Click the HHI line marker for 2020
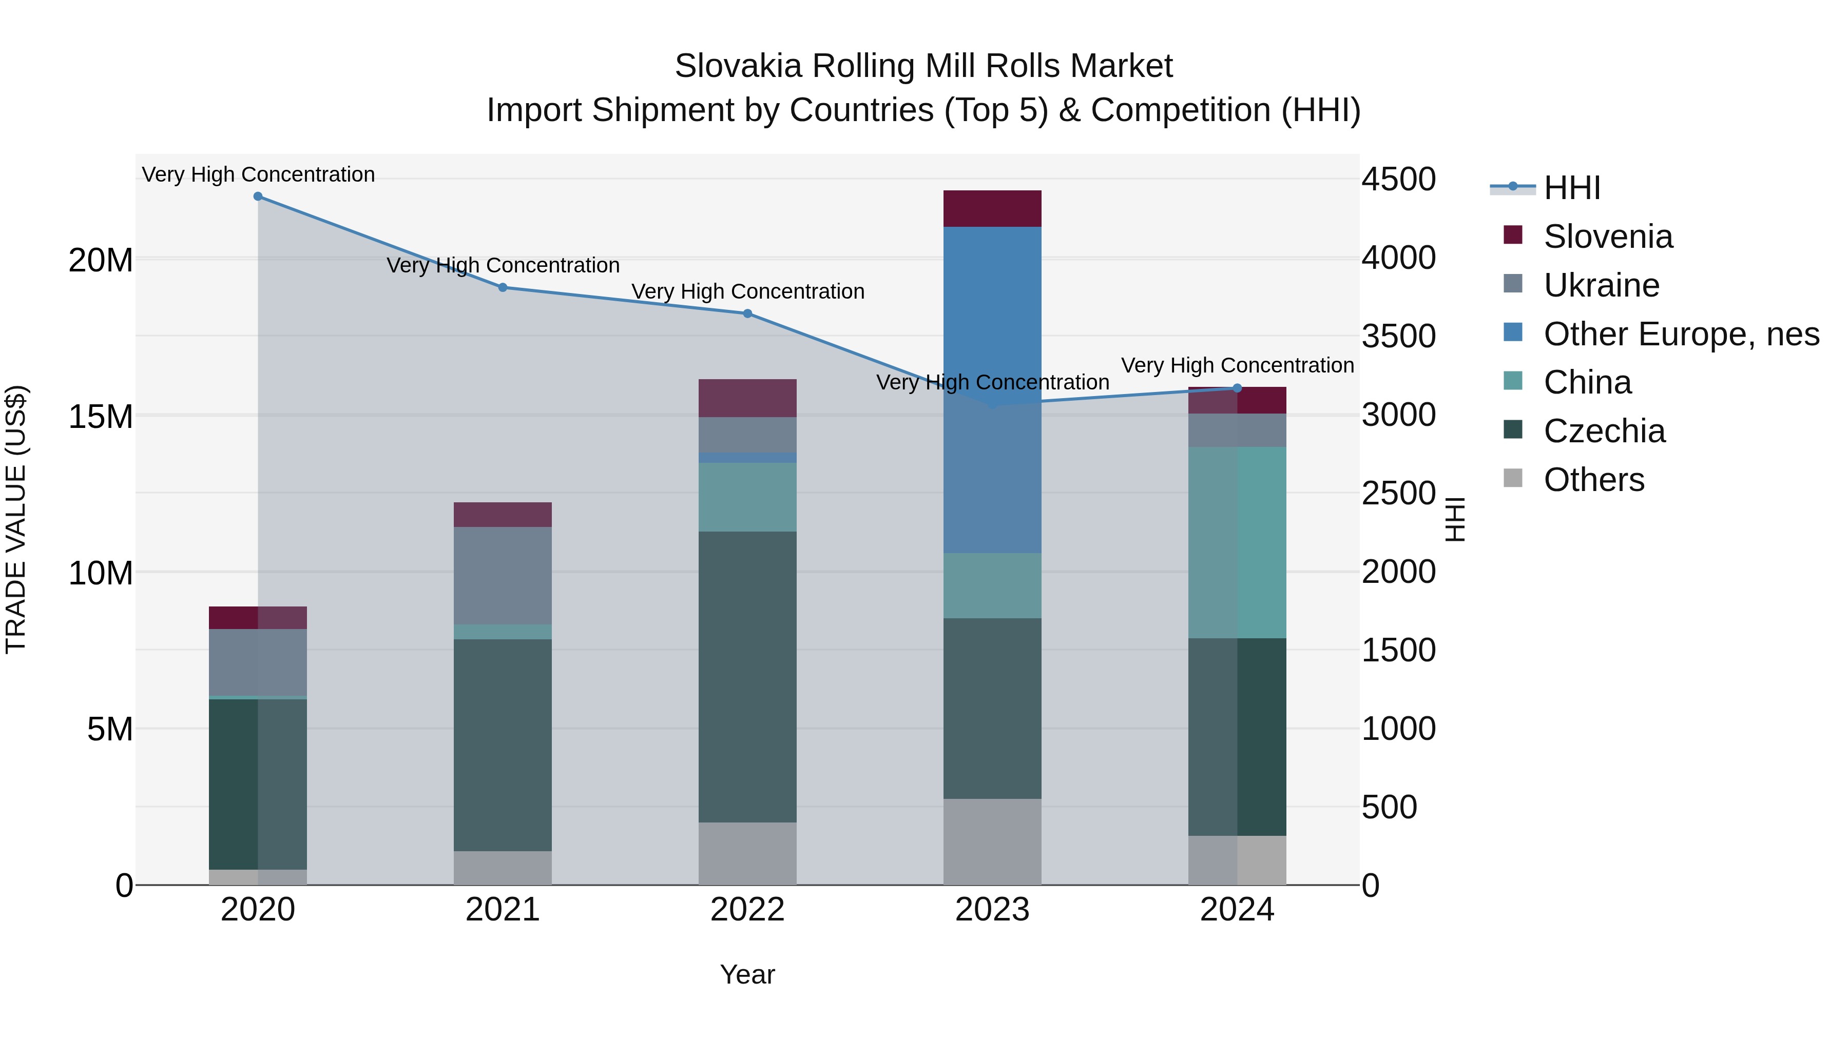click(258, 197)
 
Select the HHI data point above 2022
click(747, 313)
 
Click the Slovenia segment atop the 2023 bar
click(992, 209)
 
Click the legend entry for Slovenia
click(1607, 237)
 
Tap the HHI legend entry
click(1571, 188)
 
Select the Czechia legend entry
click(1603, 431)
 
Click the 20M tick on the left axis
click(101, 260)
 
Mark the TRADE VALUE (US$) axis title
click(16, 519)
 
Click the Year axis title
click(747, 974)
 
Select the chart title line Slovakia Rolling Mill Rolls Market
click(923, 66)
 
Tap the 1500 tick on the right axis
click(1398, 651)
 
